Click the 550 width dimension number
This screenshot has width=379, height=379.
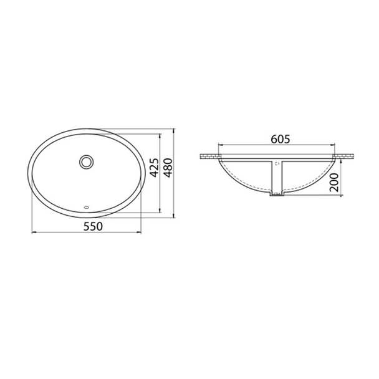click(93, 226)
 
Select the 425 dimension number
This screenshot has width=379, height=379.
click(154, 168)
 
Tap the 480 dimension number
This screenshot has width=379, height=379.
click(168, 168)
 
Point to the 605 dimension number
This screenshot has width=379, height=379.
click(280, 139)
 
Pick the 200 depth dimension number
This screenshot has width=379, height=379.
click(334, 182)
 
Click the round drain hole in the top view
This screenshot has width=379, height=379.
click(86, 162)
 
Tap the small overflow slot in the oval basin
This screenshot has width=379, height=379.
click(86, 207)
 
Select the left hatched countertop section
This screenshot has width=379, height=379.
click(210, 156)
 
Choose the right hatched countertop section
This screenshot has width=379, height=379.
click(343, 156)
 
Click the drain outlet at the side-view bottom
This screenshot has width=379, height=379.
click(277, 193)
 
